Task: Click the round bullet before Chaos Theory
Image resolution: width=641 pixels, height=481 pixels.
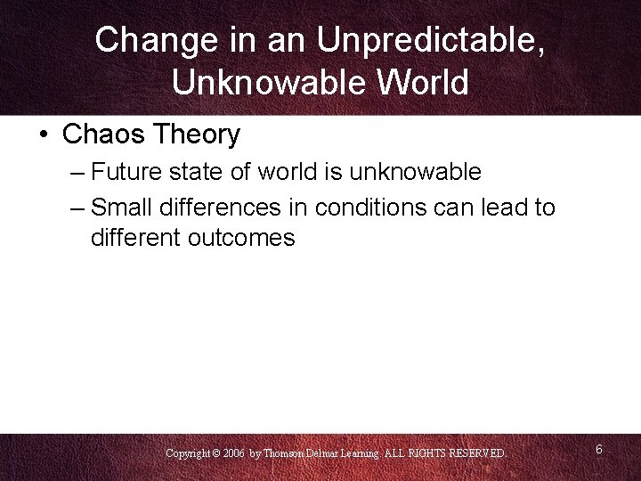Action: [43, 135]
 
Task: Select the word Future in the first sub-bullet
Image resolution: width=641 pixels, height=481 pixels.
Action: [125, 171]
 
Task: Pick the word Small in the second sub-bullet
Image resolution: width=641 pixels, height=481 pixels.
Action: [120, 208]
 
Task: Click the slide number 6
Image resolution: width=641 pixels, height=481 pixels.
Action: [599, 450]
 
